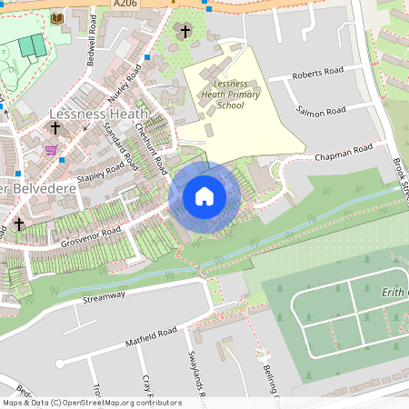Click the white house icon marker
(x=204, y=196)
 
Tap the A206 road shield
(x=125, y=5)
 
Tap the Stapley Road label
(x=100, y=173)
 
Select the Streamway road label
(x=103, y=297)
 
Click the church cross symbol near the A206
(x=185, y=33)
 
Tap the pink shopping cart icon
(x=51, y=150)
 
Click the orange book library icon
(x=56, y=18)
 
